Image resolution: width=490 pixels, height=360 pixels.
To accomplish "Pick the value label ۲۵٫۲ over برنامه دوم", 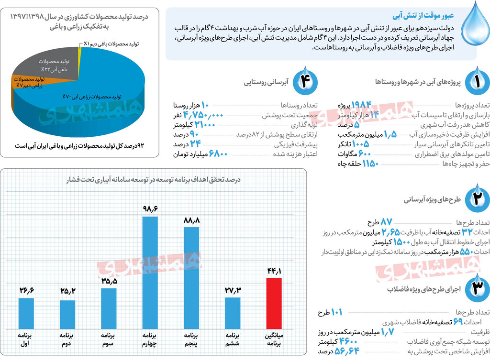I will [68, 291].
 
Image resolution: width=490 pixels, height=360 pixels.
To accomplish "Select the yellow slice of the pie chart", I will [81, 48].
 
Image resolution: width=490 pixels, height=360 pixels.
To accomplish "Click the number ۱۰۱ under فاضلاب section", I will [336, 313].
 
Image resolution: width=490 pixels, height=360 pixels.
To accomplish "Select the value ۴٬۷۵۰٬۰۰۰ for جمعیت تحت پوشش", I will [203, 115].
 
